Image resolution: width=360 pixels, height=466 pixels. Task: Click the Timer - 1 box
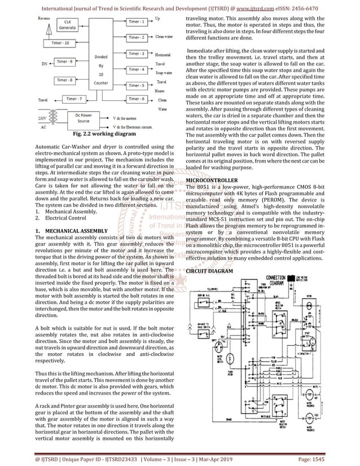tap(136, 21)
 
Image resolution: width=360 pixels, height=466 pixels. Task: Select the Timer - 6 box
tap(136, 99)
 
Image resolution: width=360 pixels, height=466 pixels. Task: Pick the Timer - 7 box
tap(74, 99)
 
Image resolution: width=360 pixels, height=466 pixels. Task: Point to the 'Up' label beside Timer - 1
tap(157, 18)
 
